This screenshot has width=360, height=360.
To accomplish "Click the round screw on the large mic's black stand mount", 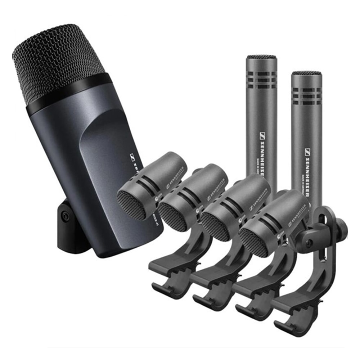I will click(65, 216).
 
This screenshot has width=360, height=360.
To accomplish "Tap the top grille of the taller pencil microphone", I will click(261, 57).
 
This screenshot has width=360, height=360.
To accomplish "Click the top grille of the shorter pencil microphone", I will click(307, 73).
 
